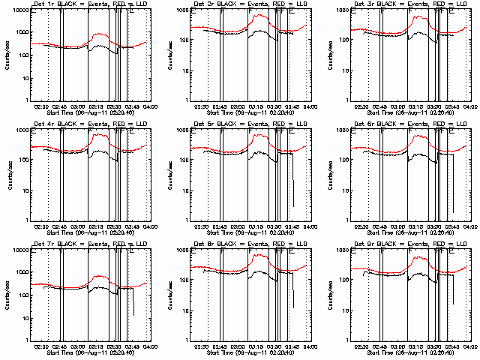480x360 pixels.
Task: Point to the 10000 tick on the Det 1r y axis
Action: coord(20,10)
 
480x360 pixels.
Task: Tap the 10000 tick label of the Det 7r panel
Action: coord(20,250)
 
